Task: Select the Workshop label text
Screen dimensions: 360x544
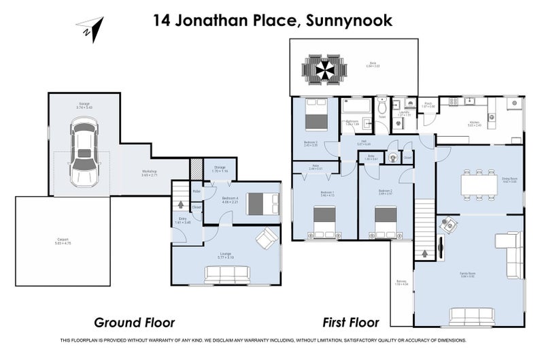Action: [x=149, y=172]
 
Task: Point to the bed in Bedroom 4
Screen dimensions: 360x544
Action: [x=262, y=203]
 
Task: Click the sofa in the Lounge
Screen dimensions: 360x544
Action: [x=228, y=274]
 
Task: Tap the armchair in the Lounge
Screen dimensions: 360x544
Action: [x=266, y=238]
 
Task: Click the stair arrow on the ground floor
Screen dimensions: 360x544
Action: [x=180, y=203]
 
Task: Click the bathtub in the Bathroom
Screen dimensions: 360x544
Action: [x=355, y=106]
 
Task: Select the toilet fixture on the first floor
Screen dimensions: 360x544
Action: [x=382, y=108]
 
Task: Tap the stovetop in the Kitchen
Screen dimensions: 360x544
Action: [x=514, y=105]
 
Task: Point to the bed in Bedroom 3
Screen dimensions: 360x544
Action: [x=314, y=114]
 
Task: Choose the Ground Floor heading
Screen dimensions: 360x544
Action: [x=134, y=322]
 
